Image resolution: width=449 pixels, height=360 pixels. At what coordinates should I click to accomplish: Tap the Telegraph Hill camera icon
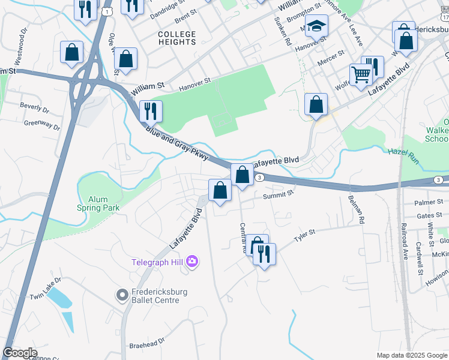coord(192,260)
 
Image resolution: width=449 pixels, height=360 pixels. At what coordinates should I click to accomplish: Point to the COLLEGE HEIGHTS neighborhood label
coord(176,38)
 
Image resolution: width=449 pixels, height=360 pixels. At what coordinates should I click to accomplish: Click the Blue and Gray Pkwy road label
coord(175,143)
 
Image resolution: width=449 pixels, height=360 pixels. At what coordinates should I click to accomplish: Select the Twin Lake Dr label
coord(46,289)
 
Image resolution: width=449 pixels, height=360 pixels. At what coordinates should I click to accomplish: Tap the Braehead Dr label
coord(147,345)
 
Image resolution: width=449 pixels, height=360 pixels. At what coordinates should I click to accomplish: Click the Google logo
coord(20,353)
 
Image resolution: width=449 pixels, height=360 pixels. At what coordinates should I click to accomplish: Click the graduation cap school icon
coord(316,26)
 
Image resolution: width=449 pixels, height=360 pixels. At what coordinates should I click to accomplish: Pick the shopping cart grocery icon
coord(361,76)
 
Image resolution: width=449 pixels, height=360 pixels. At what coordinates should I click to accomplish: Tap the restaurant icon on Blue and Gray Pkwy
coord(150,111)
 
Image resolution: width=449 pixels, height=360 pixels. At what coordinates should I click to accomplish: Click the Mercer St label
coord(331,58)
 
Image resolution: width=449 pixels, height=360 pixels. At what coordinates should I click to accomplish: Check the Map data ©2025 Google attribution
coord(411,355)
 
